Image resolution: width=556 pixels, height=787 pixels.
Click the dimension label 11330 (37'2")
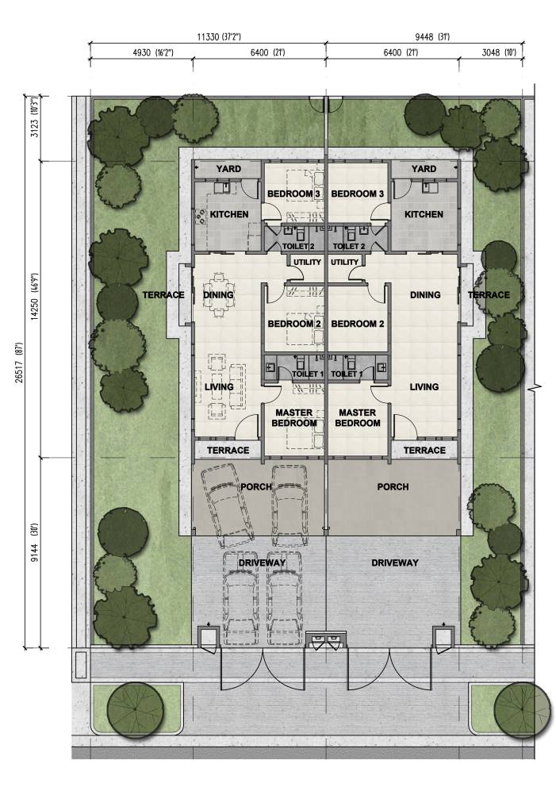pyautogui.click(x=219, y=36)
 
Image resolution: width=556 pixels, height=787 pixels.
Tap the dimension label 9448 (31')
pyautogui.click(x=432, y=36)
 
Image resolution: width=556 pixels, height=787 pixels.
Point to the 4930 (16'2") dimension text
pyautogui.click(x=152, y=52)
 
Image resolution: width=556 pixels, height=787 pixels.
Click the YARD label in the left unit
pyautogui.click(x=228, y=169)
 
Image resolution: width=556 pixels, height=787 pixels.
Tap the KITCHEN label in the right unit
pyautogui.click(x=424, y=214)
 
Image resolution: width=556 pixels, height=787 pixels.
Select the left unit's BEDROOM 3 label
pyautogui.click(x=293, y=194)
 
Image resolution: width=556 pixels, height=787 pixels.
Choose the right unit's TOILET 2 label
pyautogui.click(x=349, y=246)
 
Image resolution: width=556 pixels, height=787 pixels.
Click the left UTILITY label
pyautogui.click(x=307, y=262)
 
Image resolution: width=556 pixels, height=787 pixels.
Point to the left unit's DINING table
pyautogui.click(x=219, y=295)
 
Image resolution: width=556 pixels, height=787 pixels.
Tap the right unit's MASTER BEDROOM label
pyautogui.click(x=357, y=417)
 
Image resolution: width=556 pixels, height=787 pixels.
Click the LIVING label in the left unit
pyautogui.click(x=219, y=387)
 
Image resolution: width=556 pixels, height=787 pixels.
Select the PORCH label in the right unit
pyautogui.click(x=393, y=487)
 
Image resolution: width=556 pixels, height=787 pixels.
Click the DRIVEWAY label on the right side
pyautogui.click(x=395, y=562)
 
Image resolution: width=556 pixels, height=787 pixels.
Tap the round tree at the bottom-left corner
pyautogui.click(x=136, y=710)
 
